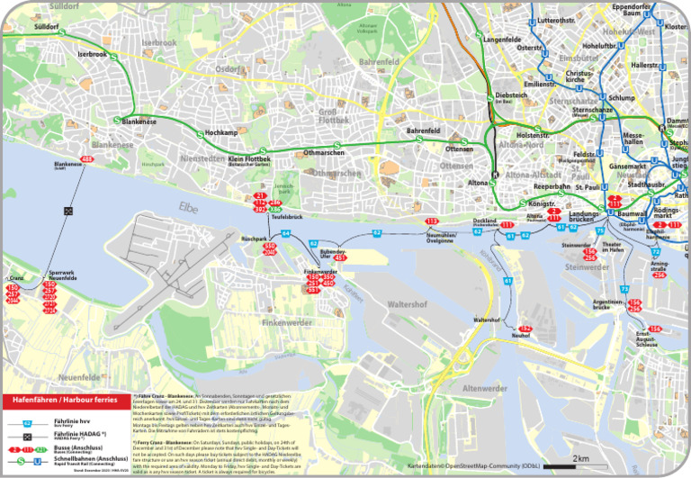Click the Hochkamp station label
pos(221,132)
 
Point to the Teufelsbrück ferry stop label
pos(286,217)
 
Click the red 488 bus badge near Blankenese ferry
pos(87,159)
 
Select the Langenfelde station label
pos(503,40)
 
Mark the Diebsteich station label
pos(511,95)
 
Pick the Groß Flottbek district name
pos(333,115)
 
